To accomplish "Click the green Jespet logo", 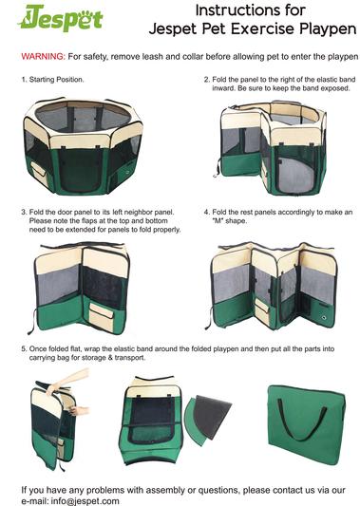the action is [x=61, y=17].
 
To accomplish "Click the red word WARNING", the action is [x=44, y=56].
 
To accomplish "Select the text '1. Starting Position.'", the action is [x=52, y=80].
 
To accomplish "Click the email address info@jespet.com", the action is [x=85, y=501].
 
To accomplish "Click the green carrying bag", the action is [x=307, y=424].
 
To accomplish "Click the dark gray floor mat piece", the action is [x=213, y=416].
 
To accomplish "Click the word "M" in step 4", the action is [x=218, y=221].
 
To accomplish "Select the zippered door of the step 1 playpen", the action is [x=80, y=170].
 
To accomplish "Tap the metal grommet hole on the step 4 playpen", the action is [x=324, y=318].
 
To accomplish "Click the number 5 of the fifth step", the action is [x=24, y=349].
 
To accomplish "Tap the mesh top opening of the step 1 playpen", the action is [x=84, y=117].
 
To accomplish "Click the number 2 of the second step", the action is [x=206, y=80].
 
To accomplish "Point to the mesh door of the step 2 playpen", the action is [x=295, y=171].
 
